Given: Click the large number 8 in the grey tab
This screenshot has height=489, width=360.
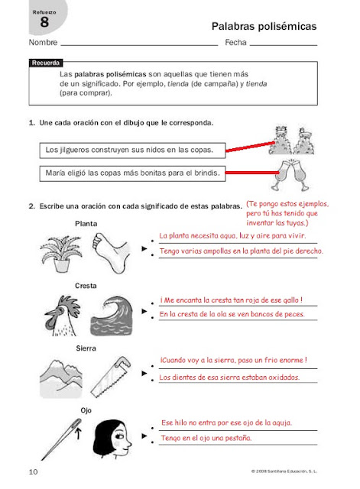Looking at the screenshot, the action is point(44,22).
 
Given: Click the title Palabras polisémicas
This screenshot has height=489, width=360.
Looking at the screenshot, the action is point(264,26).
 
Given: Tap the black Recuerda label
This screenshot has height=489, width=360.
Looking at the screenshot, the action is point(46,63).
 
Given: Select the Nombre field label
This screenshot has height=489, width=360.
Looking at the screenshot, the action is point(43,43).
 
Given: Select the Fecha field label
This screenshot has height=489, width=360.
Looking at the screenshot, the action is point(235,43).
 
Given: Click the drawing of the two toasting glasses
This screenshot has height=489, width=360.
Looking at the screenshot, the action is point(290,175).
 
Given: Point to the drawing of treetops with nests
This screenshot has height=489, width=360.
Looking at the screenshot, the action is point(291,141).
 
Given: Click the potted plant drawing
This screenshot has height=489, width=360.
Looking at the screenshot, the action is point(61,253).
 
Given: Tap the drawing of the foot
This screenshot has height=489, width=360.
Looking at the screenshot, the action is point(112,253).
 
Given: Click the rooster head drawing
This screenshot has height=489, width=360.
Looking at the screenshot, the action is point(63,316).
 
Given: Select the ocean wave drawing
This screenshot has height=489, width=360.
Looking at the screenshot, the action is point(112,316).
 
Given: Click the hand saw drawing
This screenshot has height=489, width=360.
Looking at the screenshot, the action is point(111,377).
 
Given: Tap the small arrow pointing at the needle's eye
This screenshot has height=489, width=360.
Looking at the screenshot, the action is point(78,433).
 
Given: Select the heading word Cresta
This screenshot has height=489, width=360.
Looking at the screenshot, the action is point(86,286).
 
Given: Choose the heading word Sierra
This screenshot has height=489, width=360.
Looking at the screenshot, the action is point(86,348).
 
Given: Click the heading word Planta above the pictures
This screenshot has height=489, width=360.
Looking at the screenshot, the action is point(86,224).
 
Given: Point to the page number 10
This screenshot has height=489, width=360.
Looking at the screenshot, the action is point(33,471).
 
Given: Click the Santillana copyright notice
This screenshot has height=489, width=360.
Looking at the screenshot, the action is point(284,471).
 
